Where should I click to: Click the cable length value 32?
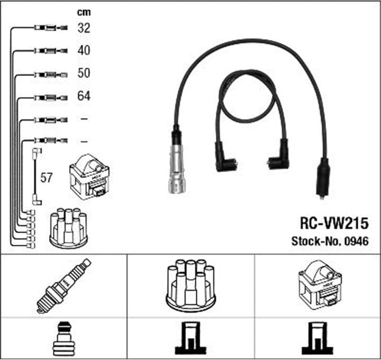tap(84, 28)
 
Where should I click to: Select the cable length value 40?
tap(84, 51)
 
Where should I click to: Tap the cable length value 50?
tap(84, 73)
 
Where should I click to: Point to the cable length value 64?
tap(84, 96)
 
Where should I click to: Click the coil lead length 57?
tap(46, 178)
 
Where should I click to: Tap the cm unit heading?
tap(84, 12)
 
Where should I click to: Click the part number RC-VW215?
tap(334, 223)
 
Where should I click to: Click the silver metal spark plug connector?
tap(177, 169)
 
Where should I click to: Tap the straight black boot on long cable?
tap(323, 179)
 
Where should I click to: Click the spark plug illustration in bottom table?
tap(63, 286)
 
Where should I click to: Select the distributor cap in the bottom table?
tap(190, 286)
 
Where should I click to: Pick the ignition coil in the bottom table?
tap(320, 285)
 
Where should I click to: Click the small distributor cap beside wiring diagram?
tap(68, 228)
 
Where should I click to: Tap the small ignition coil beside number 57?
tap(89, 177)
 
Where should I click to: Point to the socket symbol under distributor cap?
tap(190, 338)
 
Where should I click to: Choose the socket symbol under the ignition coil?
tap(317, 338)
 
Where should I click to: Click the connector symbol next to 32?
tap(51, 28)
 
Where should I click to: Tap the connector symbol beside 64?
tap(51, 98)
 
